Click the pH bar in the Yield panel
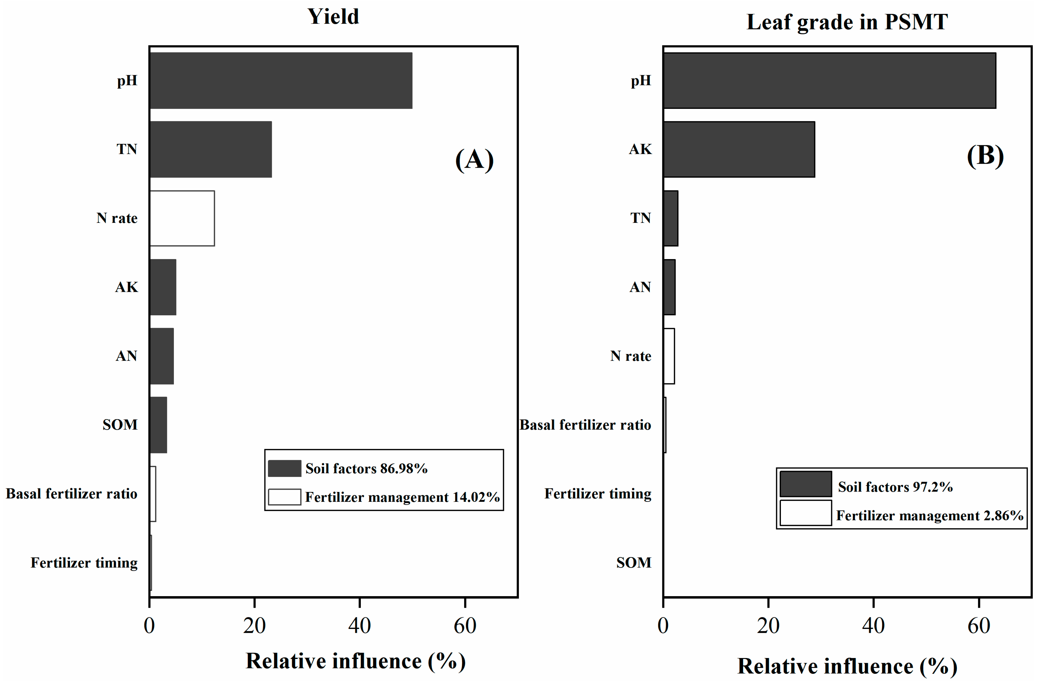pyautogui.click(x=281, y=81)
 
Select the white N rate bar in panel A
pyautogui.click(x=182, y=218)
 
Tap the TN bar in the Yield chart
pyautogui.click(x=210, y=149)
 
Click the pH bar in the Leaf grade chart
pyautogui.click(x=829, y=81)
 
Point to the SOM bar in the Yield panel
pyautogui.click(x=158, y=425)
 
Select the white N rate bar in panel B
pyautogui.click(x=669, y=356)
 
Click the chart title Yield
pyautogui.click(x=333, y=17)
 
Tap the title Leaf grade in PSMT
pyautogui.click(x=847, y=22)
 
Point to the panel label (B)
pyautogui.click(x=985, y=156)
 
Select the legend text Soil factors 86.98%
pyautogui.click(x=366, y=469)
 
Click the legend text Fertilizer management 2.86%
pyautogui.click(x=929, y=515)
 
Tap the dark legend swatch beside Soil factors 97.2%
pyautogui.click(x=805, y=484)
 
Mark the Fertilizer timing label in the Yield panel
pyautogui.click(x=84, y=563)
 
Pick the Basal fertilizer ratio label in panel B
pyautogui.click(x=585, y=425)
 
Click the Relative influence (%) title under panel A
pyautogui.click(x=355, y=661)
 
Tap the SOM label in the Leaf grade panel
pyautogui.click(x=633, y=563)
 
